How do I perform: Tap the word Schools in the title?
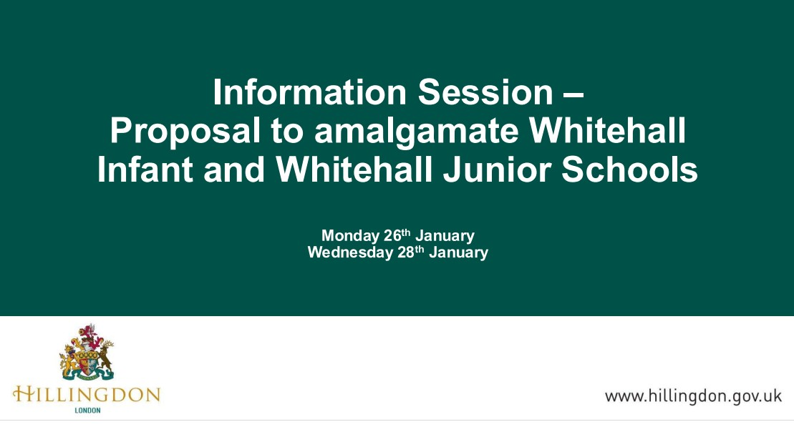[x=631, y=171]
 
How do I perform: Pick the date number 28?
[x=405, y=252]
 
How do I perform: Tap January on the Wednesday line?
[x=458, y=252]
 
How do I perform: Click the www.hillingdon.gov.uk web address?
[x=693, y=396]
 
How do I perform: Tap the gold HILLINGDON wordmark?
[x=87, y=395]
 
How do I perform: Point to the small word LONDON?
[x=87, y=411]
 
